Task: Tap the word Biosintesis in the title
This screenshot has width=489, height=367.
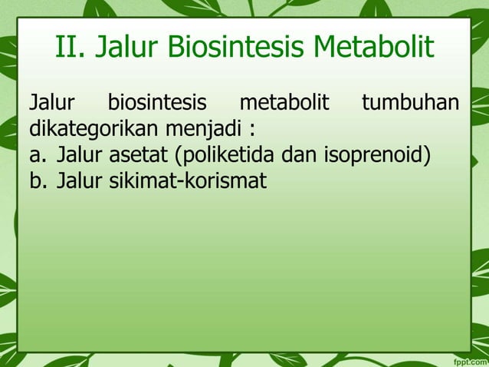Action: pyautogui.click(x=233, y=48)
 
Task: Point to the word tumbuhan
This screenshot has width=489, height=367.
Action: pyautogui.click(x=410, y=102)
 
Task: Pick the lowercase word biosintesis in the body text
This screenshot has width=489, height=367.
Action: pyautogui.click(x=162, y=102)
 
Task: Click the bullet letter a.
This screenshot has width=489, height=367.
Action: pyautogui.click(x=36, y=157)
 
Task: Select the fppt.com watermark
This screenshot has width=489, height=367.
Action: pyautogui.click(x=468, y=359)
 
